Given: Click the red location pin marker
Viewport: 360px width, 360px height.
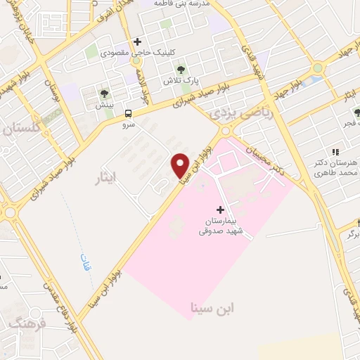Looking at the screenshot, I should pos(180,165).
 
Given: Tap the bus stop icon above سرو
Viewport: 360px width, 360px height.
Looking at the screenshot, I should pos(128,112).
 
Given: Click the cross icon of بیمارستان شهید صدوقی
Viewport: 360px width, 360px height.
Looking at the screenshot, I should pos(221,210).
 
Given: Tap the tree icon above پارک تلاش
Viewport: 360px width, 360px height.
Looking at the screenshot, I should pos(181,69).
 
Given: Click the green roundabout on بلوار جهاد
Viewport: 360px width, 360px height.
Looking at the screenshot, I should pos(317,69).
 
